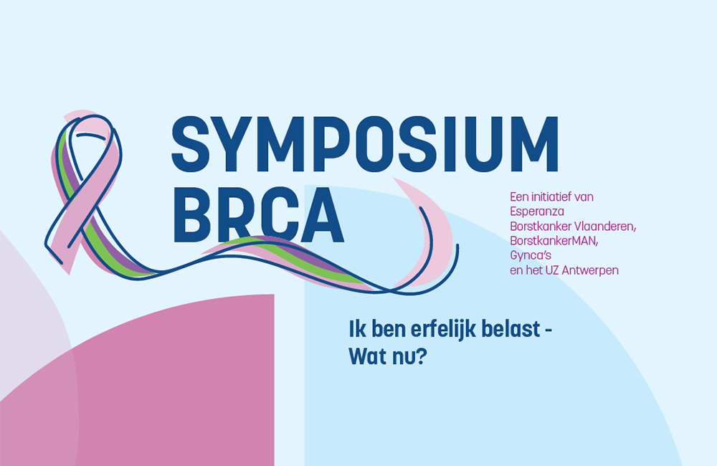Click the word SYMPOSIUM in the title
pos(364,144)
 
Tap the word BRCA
pos(258,215)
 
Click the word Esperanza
pos(537,211)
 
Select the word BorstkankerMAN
pos(554,241)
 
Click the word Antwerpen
pos(590,271)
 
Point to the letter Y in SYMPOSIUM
pos(234,144)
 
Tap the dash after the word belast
pos(548,332)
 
